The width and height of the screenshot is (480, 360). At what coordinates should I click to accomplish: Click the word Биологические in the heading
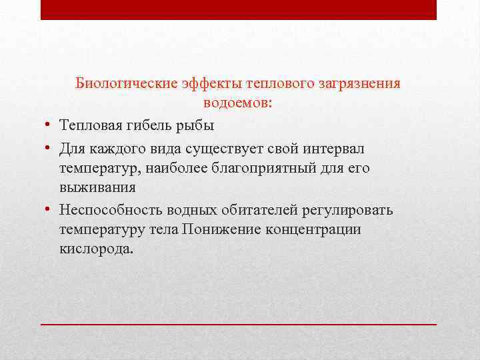[125, 83]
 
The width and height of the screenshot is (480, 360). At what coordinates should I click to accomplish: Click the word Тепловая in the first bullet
[87, 126]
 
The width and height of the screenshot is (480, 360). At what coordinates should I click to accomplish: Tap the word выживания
[97, 189]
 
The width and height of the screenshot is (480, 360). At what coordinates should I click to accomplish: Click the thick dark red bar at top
[238, 9]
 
